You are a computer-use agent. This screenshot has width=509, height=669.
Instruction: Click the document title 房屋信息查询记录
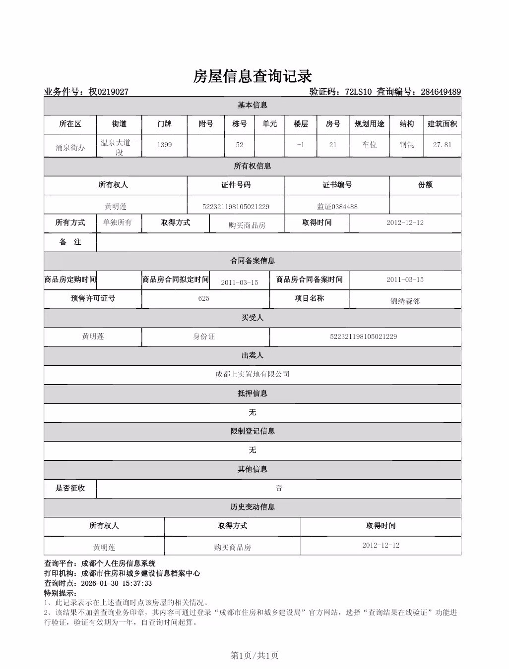(253, 76)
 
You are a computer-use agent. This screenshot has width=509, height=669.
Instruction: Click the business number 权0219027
(109, 92)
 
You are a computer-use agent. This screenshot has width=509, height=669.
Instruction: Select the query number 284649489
(441, 92)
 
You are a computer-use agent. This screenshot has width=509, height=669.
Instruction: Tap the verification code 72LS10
(358, 92)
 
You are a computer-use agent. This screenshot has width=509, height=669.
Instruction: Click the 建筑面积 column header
(442, 124)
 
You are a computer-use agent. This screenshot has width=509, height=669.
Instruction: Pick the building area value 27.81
(442, 145)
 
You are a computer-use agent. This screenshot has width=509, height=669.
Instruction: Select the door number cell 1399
(164, 145)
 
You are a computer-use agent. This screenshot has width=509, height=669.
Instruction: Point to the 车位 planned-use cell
(369, 145)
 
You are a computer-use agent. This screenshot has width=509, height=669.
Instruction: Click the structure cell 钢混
(407, 145)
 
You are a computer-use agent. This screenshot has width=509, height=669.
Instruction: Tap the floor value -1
(301, 145)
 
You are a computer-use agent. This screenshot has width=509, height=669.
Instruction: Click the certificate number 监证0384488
(337, 207)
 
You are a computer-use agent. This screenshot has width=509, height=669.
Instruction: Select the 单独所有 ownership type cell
(118, 223)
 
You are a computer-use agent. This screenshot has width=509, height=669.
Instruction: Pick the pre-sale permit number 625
(203, 298)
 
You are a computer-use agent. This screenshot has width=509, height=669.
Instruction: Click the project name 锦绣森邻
(405, 301)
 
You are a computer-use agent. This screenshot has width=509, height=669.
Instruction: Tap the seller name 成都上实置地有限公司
(252, 374)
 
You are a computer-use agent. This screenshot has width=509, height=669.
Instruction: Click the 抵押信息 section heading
(252, 393)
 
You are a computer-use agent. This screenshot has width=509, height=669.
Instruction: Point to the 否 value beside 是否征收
(279, 488)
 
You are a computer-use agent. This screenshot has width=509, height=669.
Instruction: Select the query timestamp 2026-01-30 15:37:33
(116, 583)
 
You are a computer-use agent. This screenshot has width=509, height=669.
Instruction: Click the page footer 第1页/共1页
(254, 656)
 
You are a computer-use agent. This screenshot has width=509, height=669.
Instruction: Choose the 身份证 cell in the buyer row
(204, 336)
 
